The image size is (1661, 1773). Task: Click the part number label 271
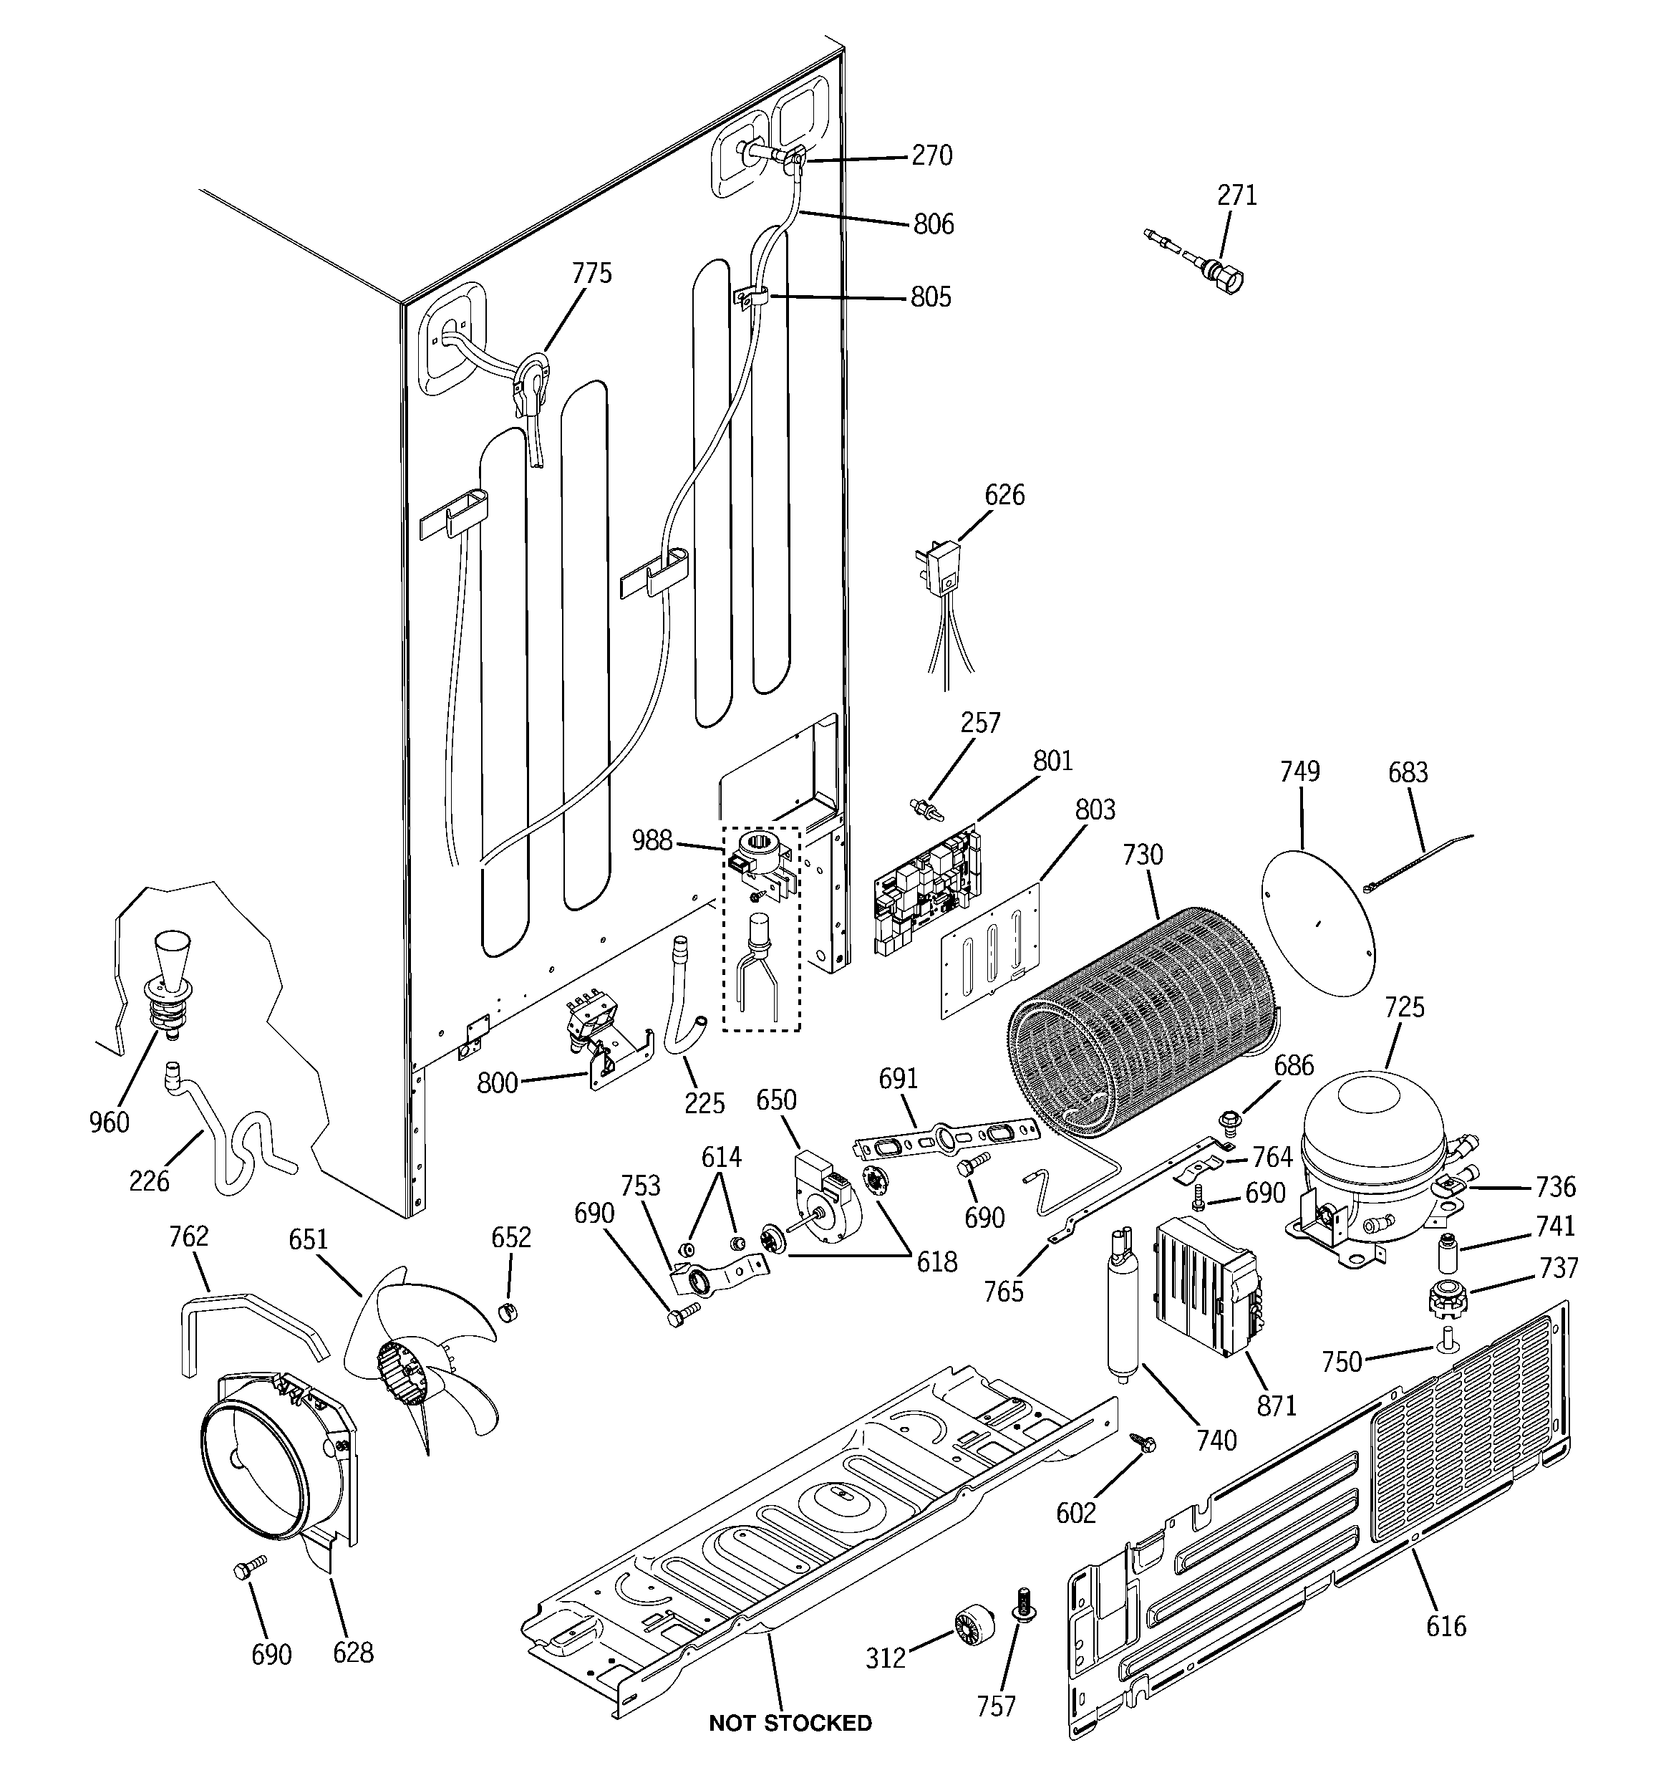1236,196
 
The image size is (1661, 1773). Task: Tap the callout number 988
652,840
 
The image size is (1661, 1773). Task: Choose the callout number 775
592,273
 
